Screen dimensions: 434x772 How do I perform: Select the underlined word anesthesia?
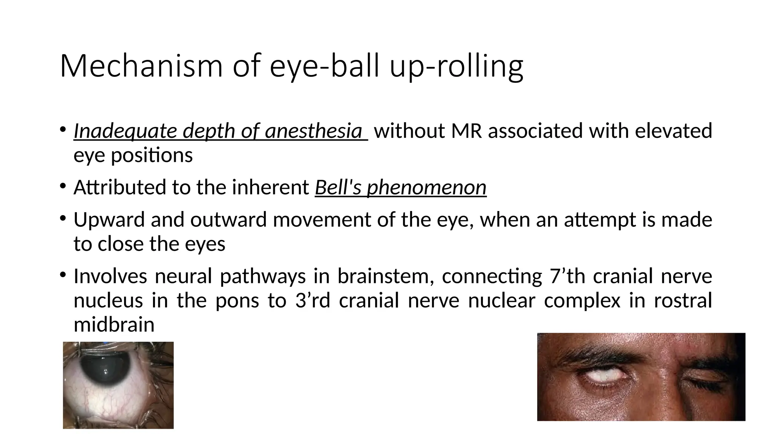click(x=313, y=131)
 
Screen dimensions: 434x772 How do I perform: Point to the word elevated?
click(x=673, y=131)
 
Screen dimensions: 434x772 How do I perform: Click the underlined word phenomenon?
click(x=427, y=188)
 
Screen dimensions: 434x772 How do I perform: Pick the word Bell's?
click(x=339, y=188)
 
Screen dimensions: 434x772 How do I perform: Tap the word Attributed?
click(x=119, y=188)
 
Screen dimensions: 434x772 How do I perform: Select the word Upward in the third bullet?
click(x=109, y=220)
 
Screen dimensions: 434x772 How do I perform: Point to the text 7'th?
click(x=567, y=276)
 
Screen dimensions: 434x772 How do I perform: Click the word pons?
click(x=237, y=301)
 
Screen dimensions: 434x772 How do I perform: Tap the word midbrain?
click(x=114, y=325)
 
